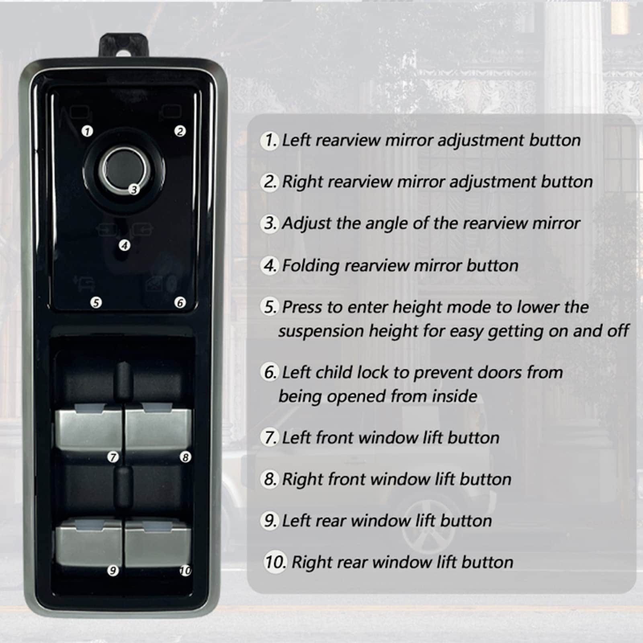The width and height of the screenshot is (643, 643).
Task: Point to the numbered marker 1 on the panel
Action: click(87, 131)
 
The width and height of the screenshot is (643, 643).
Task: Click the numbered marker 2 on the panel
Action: click(180, 131)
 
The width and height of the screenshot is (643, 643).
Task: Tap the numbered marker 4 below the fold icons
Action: click(125, 245)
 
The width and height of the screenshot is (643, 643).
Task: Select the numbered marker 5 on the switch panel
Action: click(96, 302)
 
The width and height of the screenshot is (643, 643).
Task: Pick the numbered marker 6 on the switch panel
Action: click(180, 302)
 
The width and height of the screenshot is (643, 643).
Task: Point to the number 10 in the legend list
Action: click(275, 561)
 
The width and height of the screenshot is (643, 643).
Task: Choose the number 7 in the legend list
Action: click(269, 437)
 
